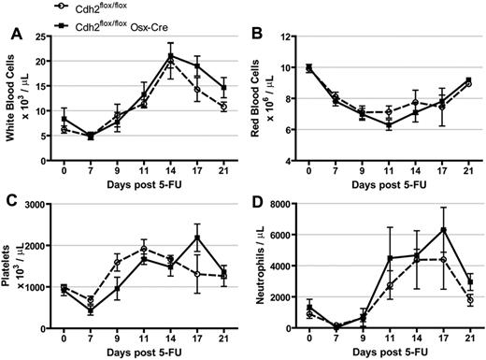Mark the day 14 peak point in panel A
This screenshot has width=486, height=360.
[x=171, y=57]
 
